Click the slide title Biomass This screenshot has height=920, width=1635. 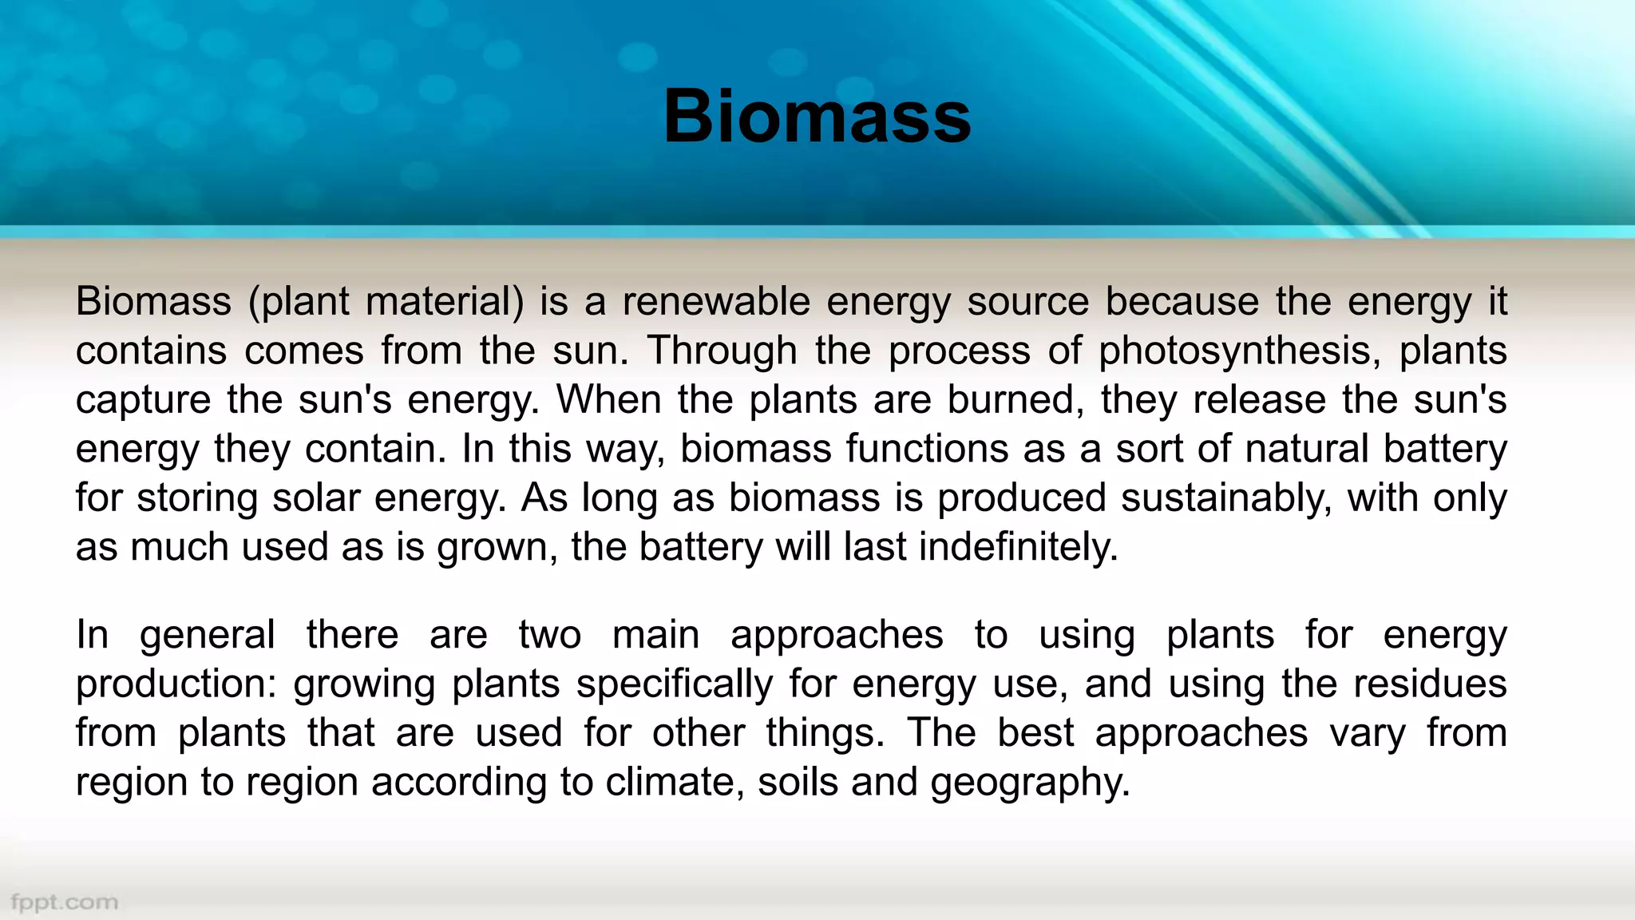[817, 117]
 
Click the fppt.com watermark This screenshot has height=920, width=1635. [65, 902]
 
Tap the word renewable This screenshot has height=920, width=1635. [716, 302]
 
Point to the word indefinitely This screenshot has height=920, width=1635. [1018, 548]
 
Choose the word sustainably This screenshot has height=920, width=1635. [1226, 498]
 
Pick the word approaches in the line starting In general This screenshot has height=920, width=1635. [837, 636]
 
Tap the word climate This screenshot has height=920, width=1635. [675, 783]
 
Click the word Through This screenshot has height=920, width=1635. [722, 351]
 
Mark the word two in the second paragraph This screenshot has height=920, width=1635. [549, 636]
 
